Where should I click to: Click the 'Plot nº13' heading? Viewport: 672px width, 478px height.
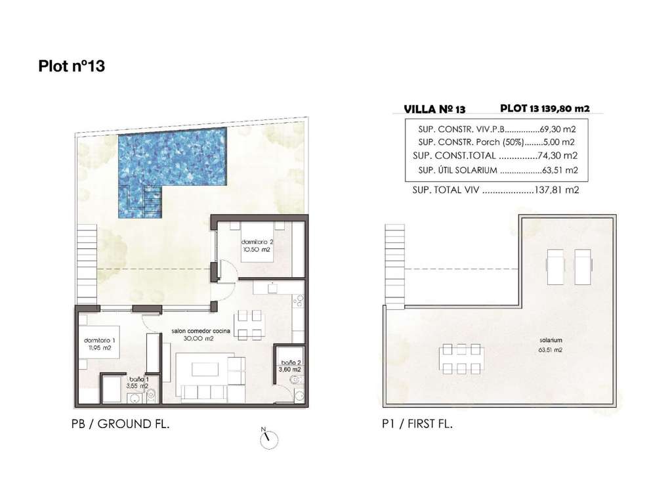(72, 66)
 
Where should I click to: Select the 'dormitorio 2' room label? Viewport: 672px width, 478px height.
(257, 242)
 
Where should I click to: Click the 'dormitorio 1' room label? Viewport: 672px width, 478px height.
(100, 340)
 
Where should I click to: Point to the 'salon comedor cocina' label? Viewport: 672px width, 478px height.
(201, 331)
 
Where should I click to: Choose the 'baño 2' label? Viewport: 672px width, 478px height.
(291, 362)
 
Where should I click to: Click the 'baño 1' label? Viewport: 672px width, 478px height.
(139, 380)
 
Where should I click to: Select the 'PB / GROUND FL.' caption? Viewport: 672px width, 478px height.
(121, 424)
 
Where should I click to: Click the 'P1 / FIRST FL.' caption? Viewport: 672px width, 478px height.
(417, 424)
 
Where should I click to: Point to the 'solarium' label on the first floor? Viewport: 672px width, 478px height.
(551, 340)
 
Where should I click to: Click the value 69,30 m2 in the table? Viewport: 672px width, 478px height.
(558, 129)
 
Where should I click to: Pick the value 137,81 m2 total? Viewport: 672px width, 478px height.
(557, 190)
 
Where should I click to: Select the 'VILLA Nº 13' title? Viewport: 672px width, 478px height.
(434, 109)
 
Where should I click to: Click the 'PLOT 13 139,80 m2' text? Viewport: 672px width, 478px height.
(545, 108)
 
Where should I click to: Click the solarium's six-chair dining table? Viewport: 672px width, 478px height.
(461, 358)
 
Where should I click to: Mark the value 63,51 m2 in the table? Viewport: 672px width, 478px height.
(560, 170)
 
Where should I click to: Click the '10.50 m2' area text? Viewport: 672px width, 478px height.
(257, 250)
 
